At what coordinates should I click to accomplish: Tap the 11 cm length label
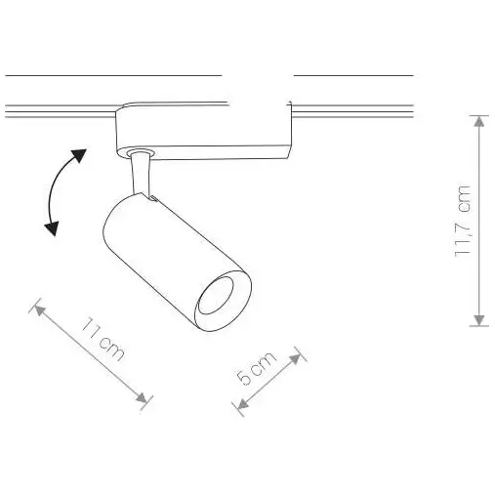point(102,339)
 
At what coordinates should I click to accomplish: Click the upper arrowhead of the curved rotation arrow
point(79,154)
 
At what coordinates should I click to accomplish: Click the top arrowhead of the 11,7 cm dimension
point(478,120)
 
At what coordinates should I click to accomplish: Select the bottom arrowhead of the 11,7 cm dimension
point(478,319)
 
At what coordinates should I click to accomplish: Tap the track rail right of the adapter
point(351,110)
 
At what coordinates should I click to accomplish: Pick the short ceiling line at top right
point(352,75)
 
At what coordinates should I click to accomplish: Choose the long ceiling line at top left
point(112,75)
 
